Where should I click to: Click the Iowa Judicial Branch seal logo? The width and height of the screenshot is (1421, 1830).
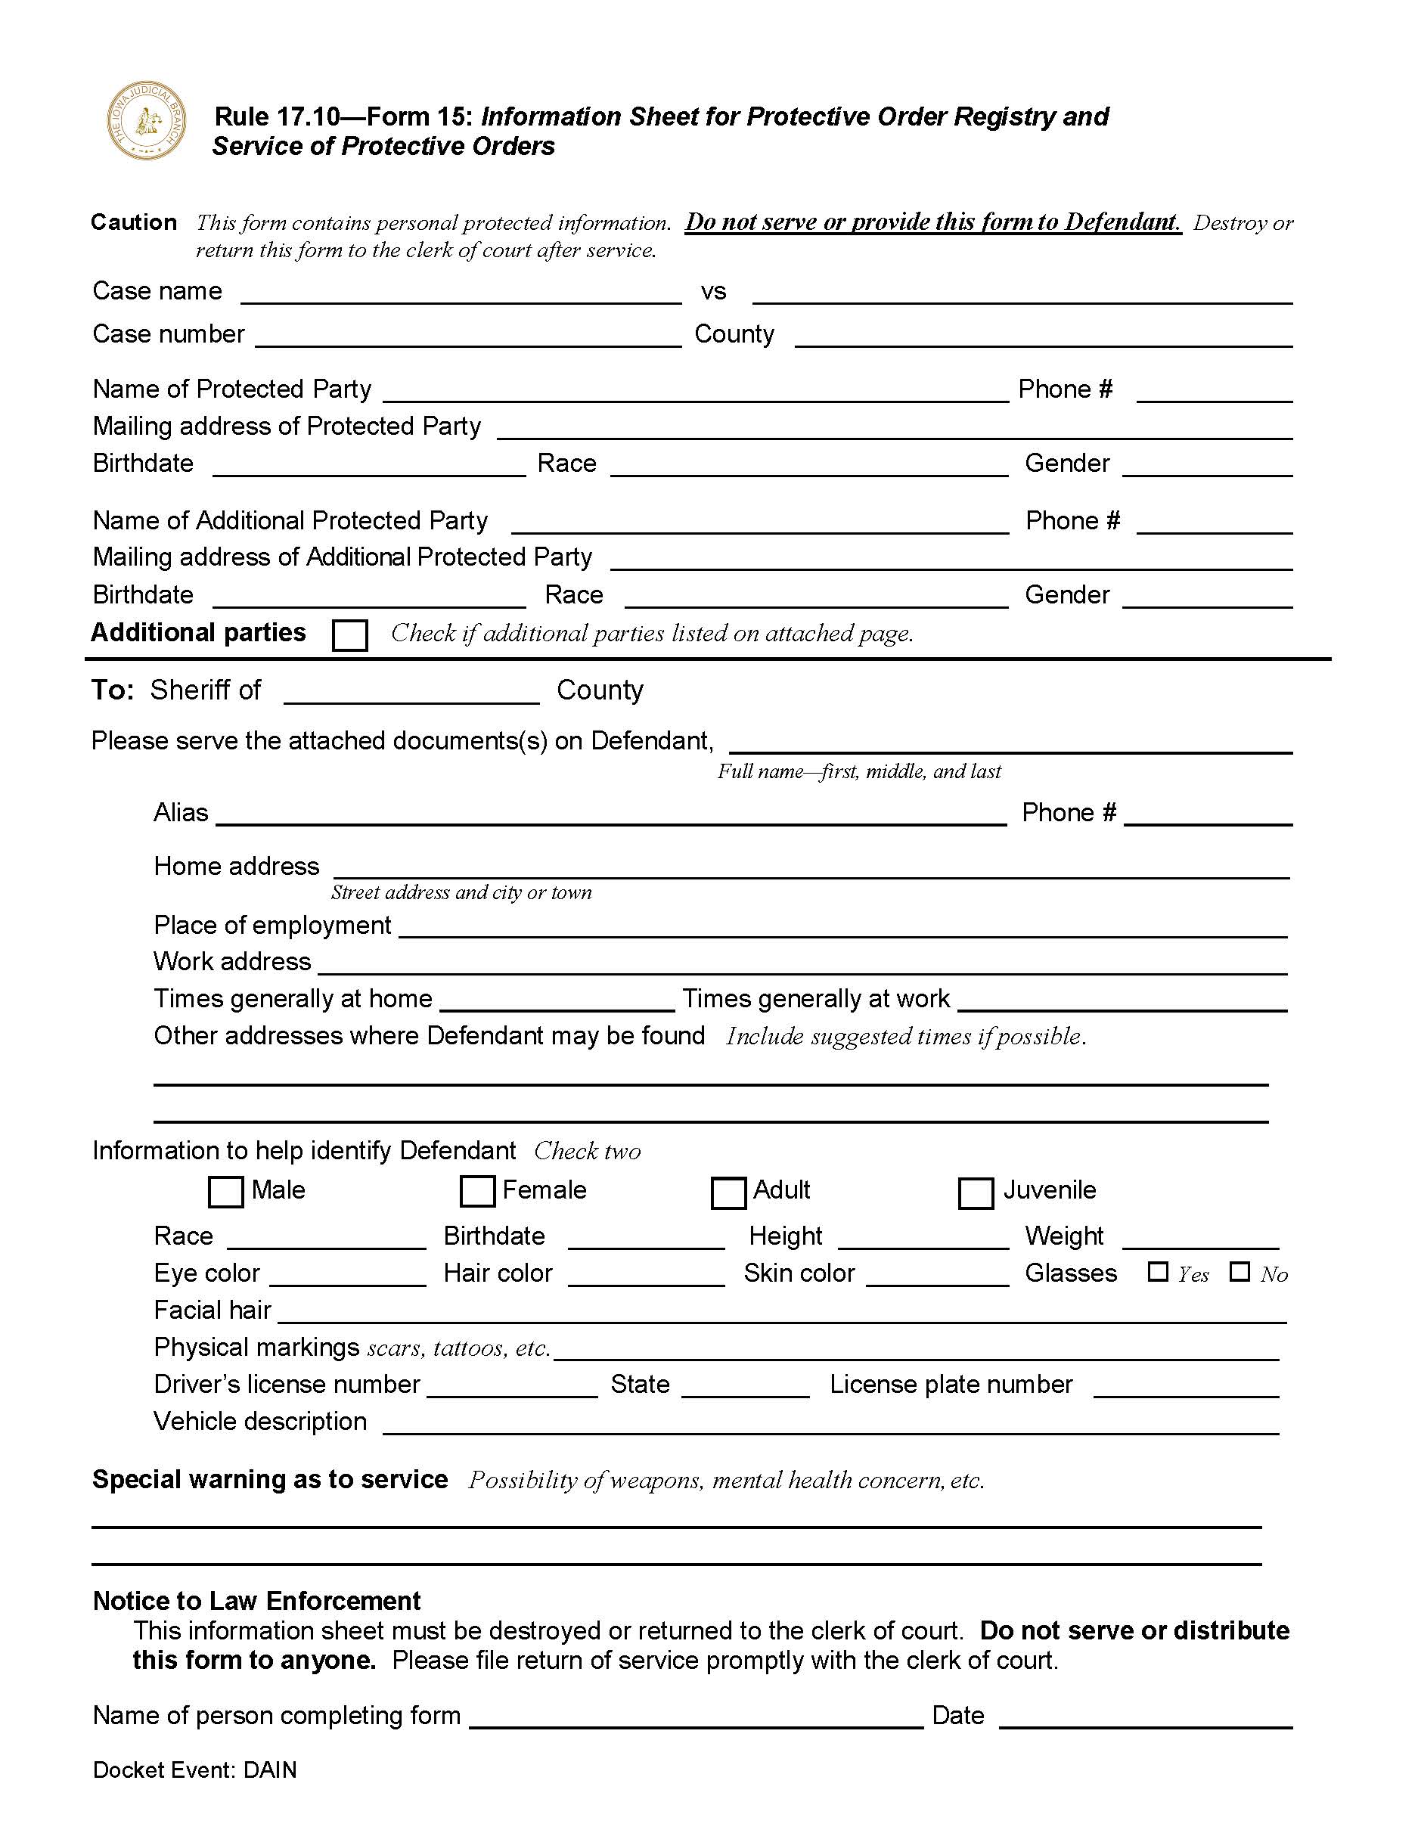coord(146,122)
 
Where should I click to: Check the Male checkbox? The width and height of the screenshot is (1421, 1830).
coord(225,1192)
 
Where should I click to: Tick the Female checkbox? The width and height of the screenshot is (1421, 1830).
coord(478,1192)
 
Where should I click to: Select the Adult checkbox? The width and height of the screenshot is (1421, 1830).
coord(728,1193)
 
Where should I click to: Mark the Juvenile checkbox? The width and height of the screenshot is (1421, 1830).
coord(976,1193)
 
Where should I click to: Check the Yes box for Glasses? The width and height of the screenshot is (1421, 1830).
coord(1157,1272)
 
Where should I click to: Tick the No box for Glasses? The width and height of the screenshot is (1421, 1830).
coord(1239,1272)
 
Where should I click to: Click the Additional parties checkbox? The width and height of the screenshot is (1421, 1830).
coord(349,635)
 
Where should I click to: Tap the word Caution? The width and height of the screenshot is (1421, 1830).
coord(134,222)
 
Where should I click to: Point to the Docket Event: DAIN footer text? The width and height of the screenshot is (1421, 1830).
coord(194,1770)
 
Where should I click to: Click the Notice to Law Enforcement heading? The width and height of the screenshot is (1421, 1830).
coord(256,1600)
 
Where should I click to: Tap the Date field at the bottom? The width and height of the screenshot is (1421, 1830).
coord(1146,1717)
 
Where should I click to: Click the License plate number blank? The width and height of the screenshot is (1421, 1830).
coord(1186,1387)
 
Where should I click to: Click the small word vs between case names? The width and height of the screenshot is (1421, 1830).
coord(713,292)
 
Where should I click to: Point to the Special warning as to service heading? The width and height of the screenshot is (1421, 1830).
coord(270,1479)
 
